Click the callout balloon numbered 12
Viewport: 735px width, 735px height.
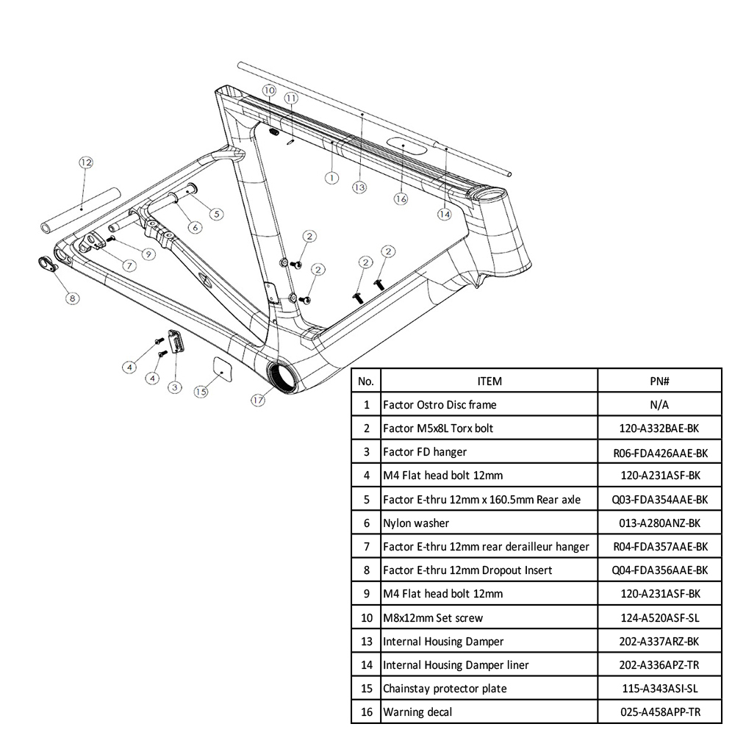coord(85,162)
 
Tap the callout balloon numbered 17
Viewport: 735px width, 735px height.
coord(257,401)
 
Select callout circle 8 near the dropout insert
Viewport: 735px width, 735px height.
coord(72,298)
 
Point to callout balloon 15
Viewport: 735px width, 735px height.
coord(201,392)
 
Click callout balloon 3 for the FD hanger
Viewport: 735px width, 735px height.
coord(175,387)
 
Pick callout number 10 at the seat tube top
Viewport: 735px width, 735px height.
coord(269,91)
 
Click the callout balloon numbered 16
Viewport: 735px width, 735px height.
coord(401,198)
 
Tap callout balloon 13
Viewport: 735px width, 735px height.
coord(359,187)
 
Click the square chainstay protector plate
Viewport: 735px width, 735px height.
coord(221,367)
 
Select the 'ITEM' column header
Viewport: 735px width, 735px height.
coord(489,381)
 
